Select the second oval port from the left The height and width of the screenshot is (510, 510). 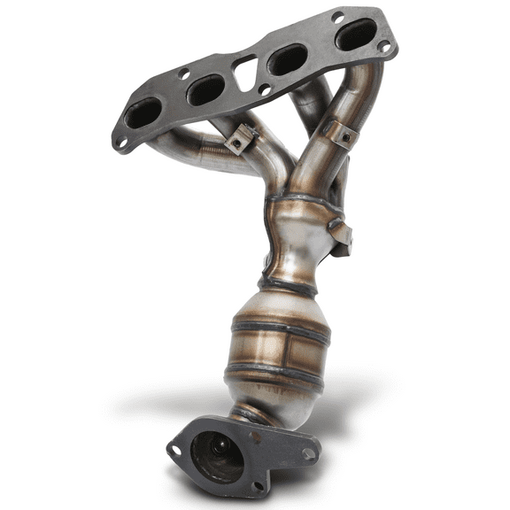[x=205, y=89]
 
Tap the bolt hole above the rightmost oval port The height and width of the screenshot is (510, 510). [x=337, y=16]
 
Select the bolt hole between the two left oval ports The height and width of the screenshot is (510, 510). [x=183, y=75]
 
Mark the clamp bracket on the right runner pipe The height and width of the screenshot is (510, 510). [x=341, y=133]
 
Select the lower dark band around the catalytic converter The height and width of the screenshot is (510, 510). [x=278, y=372]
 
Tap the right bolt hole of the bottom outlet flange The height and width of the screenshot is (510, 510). [x=307, y=453]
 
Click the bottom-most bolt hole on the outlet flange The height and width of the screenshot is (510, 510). [x=256, y=485]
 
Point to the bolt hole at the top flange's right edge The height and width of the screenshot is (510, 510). [x=382, y=46]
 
